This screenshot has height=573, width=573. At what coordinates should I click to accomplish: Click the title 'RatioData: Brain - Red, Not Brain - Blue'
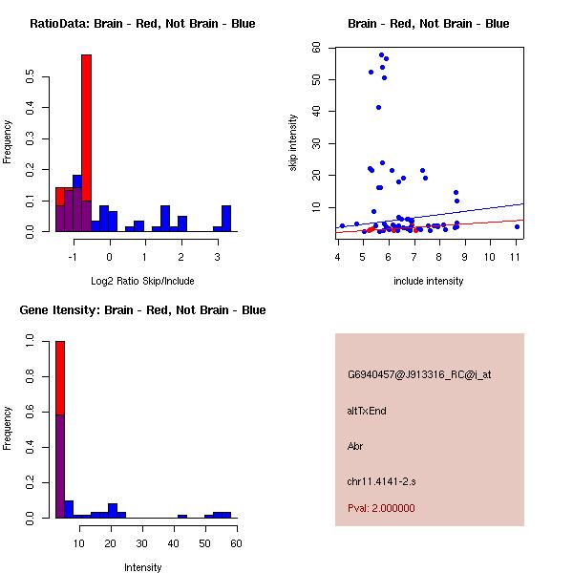click(141, 24)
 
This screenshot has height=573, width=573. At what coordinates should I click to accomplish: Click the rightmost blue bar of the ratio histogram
click(226, 219)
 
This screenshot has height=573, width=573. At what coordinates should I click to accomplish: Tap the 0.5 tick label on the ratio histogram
click(30, 79)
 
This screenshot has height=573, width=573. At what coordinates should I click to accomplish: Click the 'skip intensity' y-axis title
click(294, 142)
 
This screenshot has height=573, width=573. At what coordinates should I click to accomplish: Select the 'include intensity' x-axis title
click(429, 281)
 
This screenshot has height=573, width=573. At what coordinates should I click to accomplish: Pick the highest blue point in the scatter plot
click(381, 54)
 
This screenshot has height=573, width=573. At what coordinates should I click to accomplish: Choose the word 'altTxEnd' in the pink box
click(367, 411)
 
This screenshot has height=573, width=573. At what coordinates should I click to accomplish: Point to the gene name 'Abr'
click(355, 446)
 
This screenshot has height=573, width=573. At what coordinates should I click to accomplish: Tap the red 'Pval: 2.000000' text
click(381, 508)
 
